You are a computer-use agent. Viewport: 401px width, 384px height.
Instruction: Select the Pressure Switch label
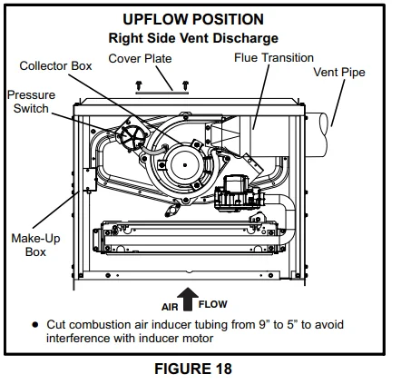point(31,102)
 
